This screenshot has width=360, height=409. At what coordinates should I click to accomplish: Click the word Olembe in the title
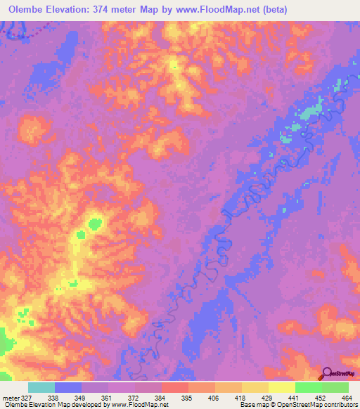(x=30, y=10)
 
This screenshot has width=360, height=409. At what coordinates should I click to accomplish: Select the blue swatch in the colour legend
(x=68, y=387)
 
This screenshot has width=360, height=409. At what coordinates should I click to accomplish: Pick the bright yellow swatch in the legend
(x=282, y=387)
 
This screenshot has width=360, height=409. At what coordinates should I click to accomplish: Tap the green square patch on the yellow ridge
(x=94, y=225)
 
